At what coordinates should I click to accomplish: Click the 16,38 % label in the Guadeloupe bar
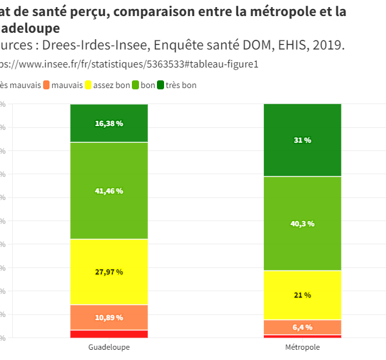click(109, 123)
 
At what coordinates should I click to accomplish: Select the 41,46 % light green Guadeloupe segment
click(109, 191)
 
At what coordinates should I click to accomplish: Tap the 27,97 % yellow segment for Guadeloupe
click(109, 272)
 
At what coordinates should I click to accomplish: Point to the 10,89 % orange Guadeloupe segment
click(109, 318)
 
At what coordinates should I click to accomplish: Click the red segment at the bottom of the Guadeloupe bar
click(109, 334)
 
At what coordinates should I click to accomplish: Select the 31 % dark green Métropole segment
click(302, 140)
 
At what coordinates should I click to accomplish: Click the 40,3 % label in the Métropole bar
click(302, 224)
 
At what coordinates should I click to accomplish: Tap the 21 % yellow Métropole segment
click(302, 295)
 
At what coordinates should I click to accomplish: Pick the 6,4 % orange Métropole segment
click(302, 327)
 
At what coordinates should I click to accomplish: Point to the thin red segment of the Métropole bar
click(302, 336)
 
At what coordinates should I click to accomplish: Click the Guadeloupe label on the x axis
click(109, 347)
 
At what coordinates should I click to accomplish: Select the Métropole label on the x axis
click(302, 347)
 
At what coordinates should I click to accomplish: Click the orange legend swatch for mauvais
click(46, 85)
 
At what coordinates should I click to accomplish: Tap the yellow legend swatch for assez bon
click(88, 85)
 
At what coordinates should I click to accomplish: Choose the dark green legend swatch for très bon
click(160, 85)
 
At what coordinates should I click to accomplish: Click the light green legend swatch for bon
click(135, 85)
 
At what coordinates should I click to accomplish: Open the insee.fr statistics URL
click(129, 64)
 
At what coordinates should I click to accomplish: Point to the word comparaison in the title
click(149, 12)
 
